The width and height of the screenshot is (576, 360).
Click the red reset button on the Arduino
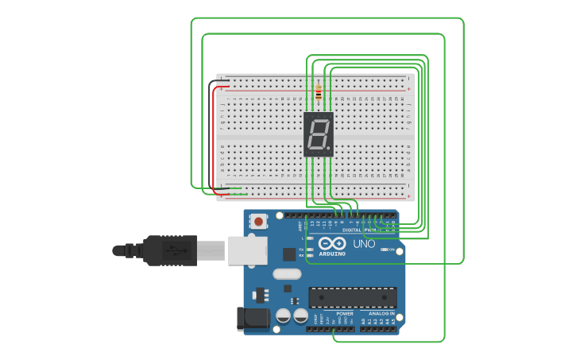pyautogui.click(x=258, y=223)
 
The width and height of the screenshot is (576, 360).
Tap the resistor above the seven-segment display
pyautogui.click(x=319, y=93)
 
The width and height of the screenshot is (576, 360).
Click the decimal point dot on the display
pyautogui.click(x=329, y=149)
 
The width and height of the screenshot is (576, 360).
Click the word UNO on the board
pyautogui.click(x=363, y=244)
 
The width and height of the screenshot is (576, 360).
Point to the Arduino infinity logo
pyautogui.click(x=332, y=243)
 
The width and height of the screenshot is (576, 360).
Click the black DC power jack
pyautogui.click(x=253, y=319)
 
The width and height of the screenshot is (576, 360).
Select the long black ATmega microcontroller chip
pyautogui.click(x=352, y=297)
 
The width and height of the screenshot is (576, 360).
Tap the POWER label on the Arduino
pyautogui.click(x=345, y=314)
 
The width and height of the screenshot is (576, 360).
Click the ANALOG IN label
pyautogui.click(x=381, y=314)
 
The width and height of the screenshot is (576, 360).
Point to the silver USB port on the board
pyautogui.click(x=247, y=250)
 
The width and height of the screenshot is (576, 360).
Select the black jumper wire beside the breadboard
pyautogui.click(x=212, y=135)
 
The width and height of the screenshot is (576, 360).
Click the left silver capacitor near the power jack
pyautogui.click(x=283, y=315)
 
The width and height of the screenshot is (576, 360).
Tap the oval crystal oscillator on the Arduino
pyautogui.click(x=287, y=274)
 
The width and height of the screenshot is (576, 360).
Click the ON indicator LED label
pyautogui.click(x=391, y=250)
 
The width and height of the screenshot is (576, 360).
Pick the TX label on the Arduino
pyautogui.click(x=300, y=250)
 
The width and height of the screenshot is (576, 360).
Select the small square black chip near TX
pyautogui.click(x=288, y=254)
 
